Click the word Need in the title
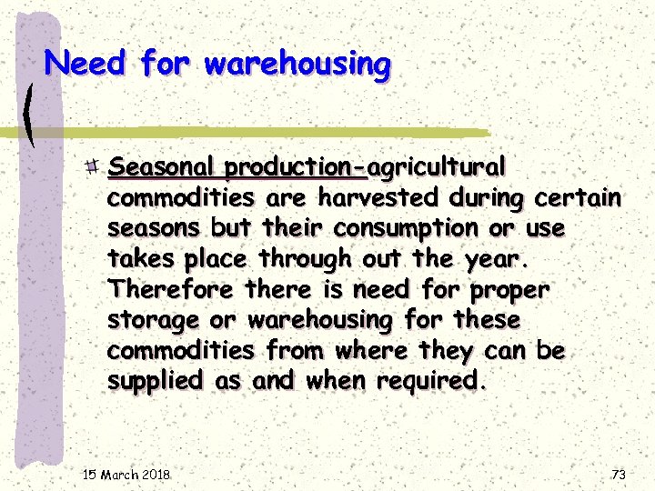(x=87, y=64)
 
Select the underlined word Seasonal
(x=162, y=168)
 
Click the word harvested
(x=382, y=198)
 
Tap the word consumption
(x=380, y=229)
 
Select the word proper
(x=510, y=291)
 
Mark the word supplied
(x=156, y=382)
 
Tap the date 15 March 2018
(x=126, y=475)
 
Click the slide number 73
(x=619, y=475)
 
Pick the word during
(x=488, y=198)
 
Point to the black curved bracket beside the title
(x=31, y=114)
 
